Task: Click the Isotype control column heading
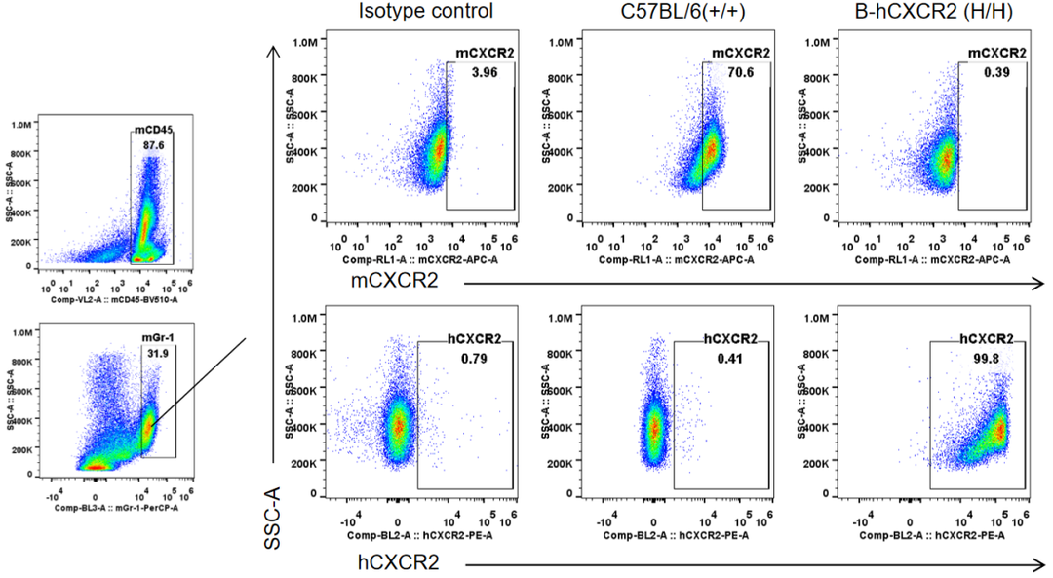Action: tap(425, 12)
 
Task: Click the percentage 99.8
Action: tap(986, 358)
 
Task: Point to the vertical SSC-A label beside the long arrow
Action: tap(274, 516)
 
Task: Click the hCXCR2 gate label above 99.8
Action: tap(986, 340)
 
